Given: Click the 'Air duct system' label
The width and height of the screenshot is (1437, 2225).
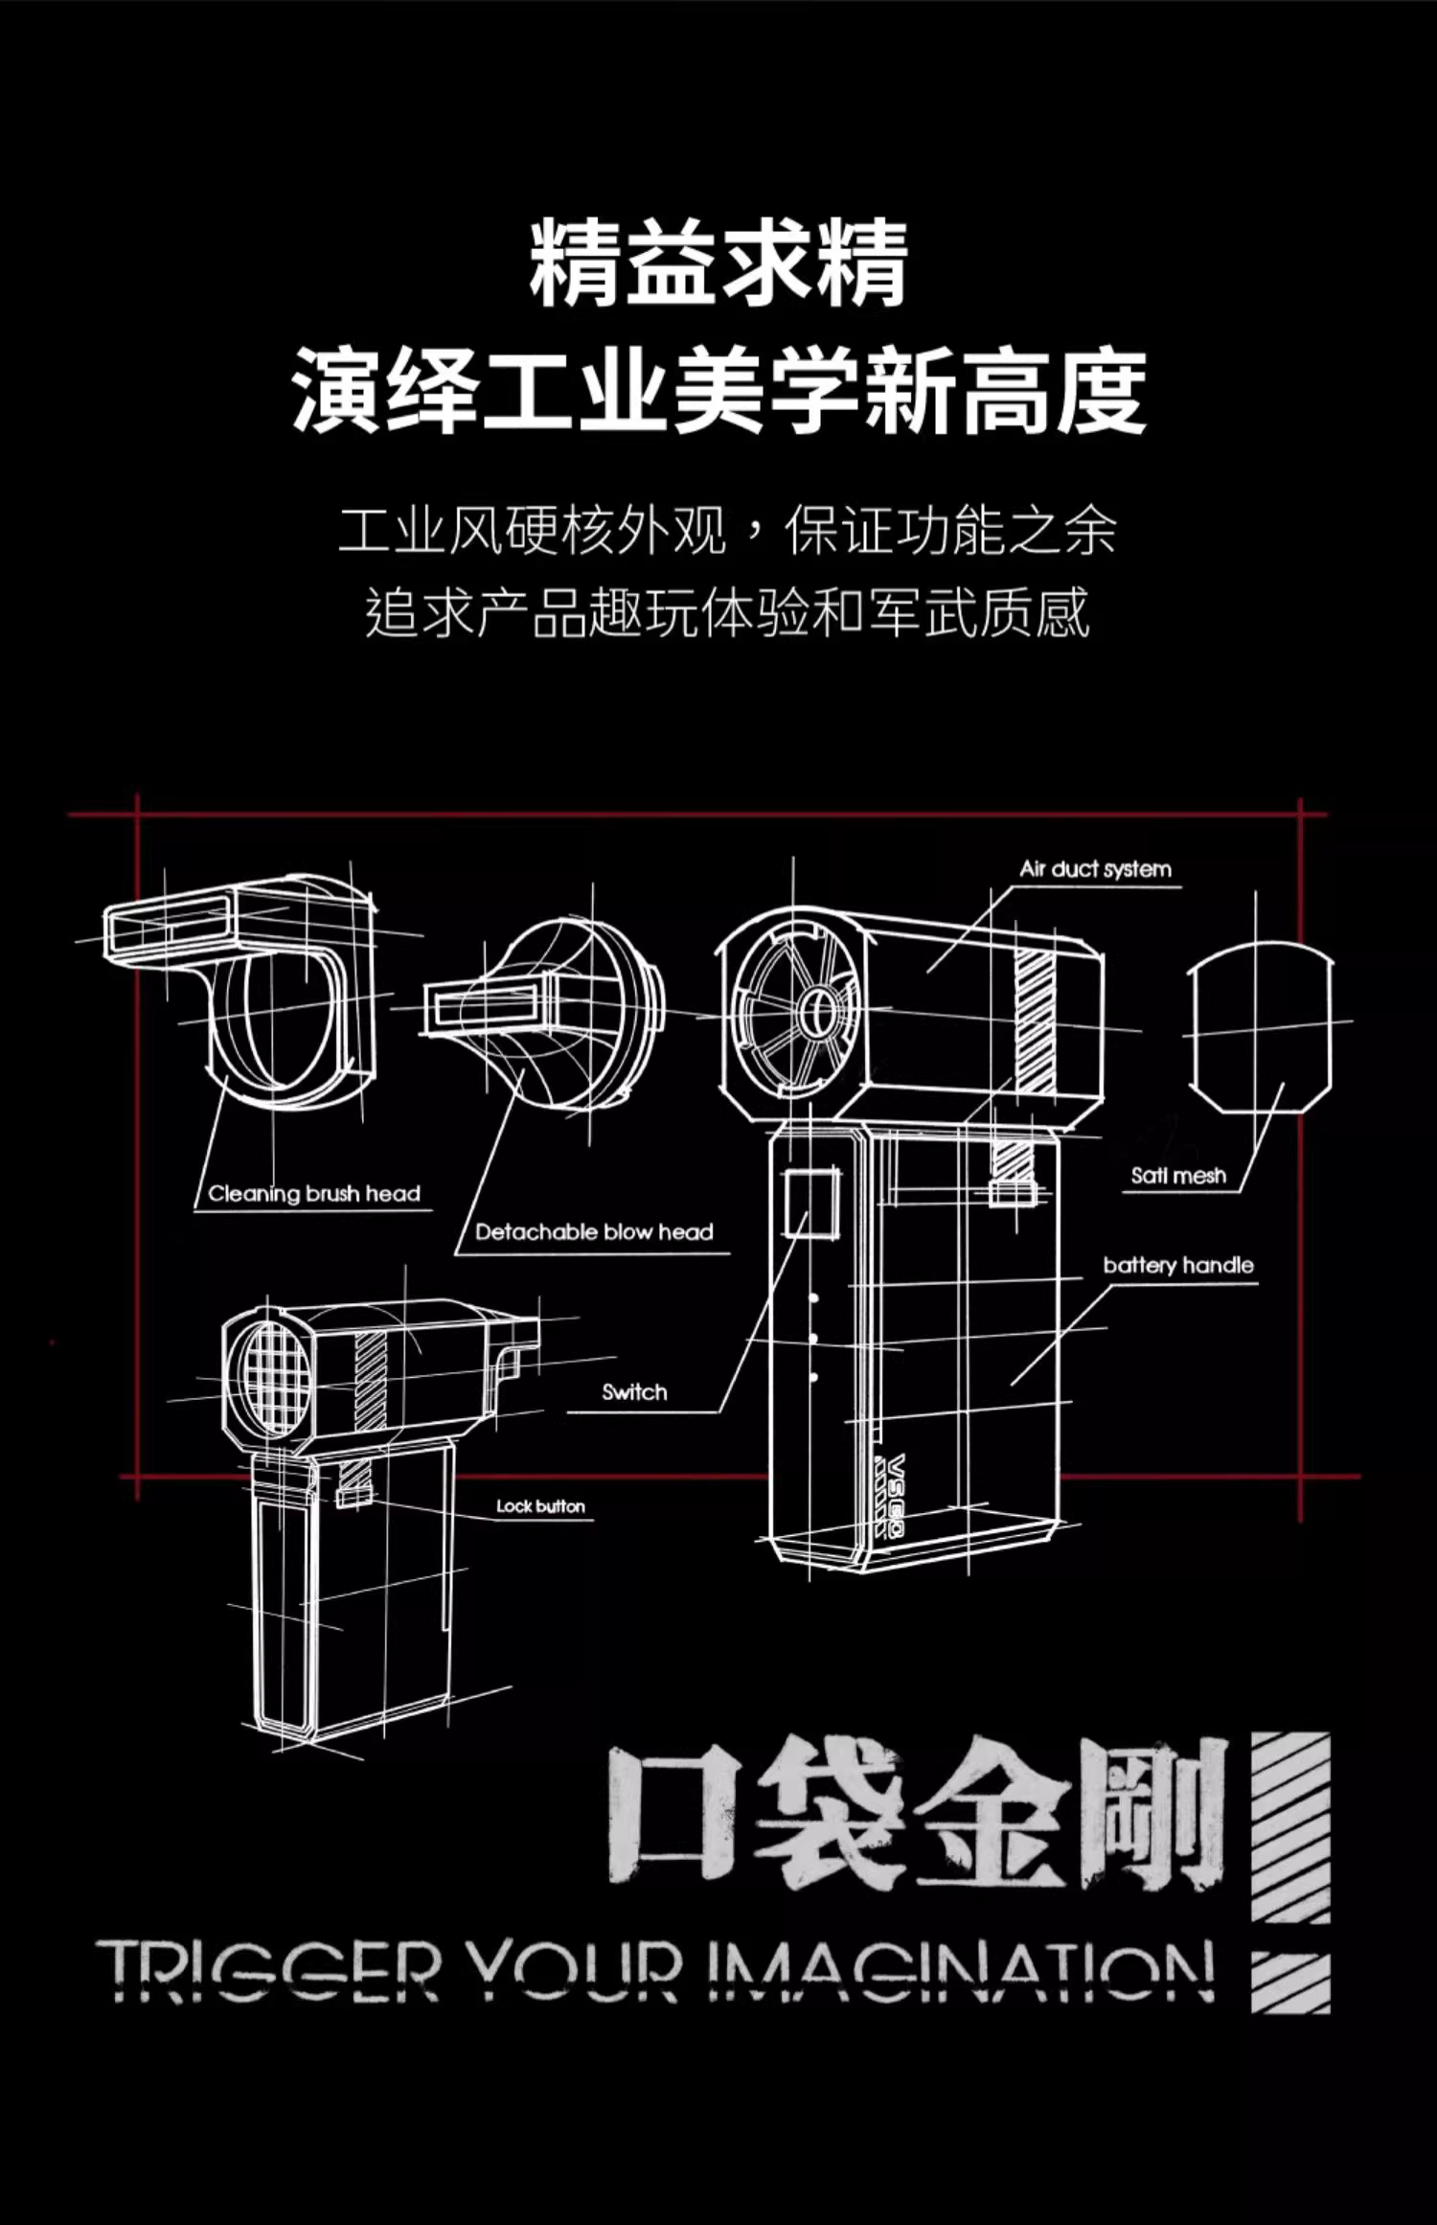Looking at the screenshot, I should (x=1095, y=869).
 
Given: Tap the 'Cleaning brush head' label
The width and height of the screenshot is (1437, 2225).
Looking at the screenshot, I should (x=314, y=1194).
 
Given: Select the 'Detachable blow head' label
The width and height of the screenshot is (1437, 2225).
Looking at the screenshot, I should (x=594, y=1232).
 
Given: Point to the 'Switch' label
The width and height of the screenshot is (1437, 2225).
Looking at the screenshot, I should (x=634, y=1392).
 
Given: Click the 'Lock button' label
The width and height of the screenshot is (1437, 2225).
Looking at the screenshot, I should (x=540, y=1506).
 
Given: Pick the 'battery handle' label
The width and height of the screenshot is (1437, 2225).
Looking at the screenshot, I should (x=1178, y=1265).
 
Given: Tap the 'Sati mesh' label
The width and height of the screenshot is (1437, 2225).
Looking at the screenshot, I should (x=1178, y=1176).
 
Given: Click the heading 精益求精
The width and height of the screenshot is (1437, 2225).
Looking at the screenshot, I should (x=718, y=264).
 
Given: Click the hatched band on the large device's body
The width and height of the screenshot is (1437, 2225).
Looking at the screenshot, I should (x=1035, y=1021).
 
